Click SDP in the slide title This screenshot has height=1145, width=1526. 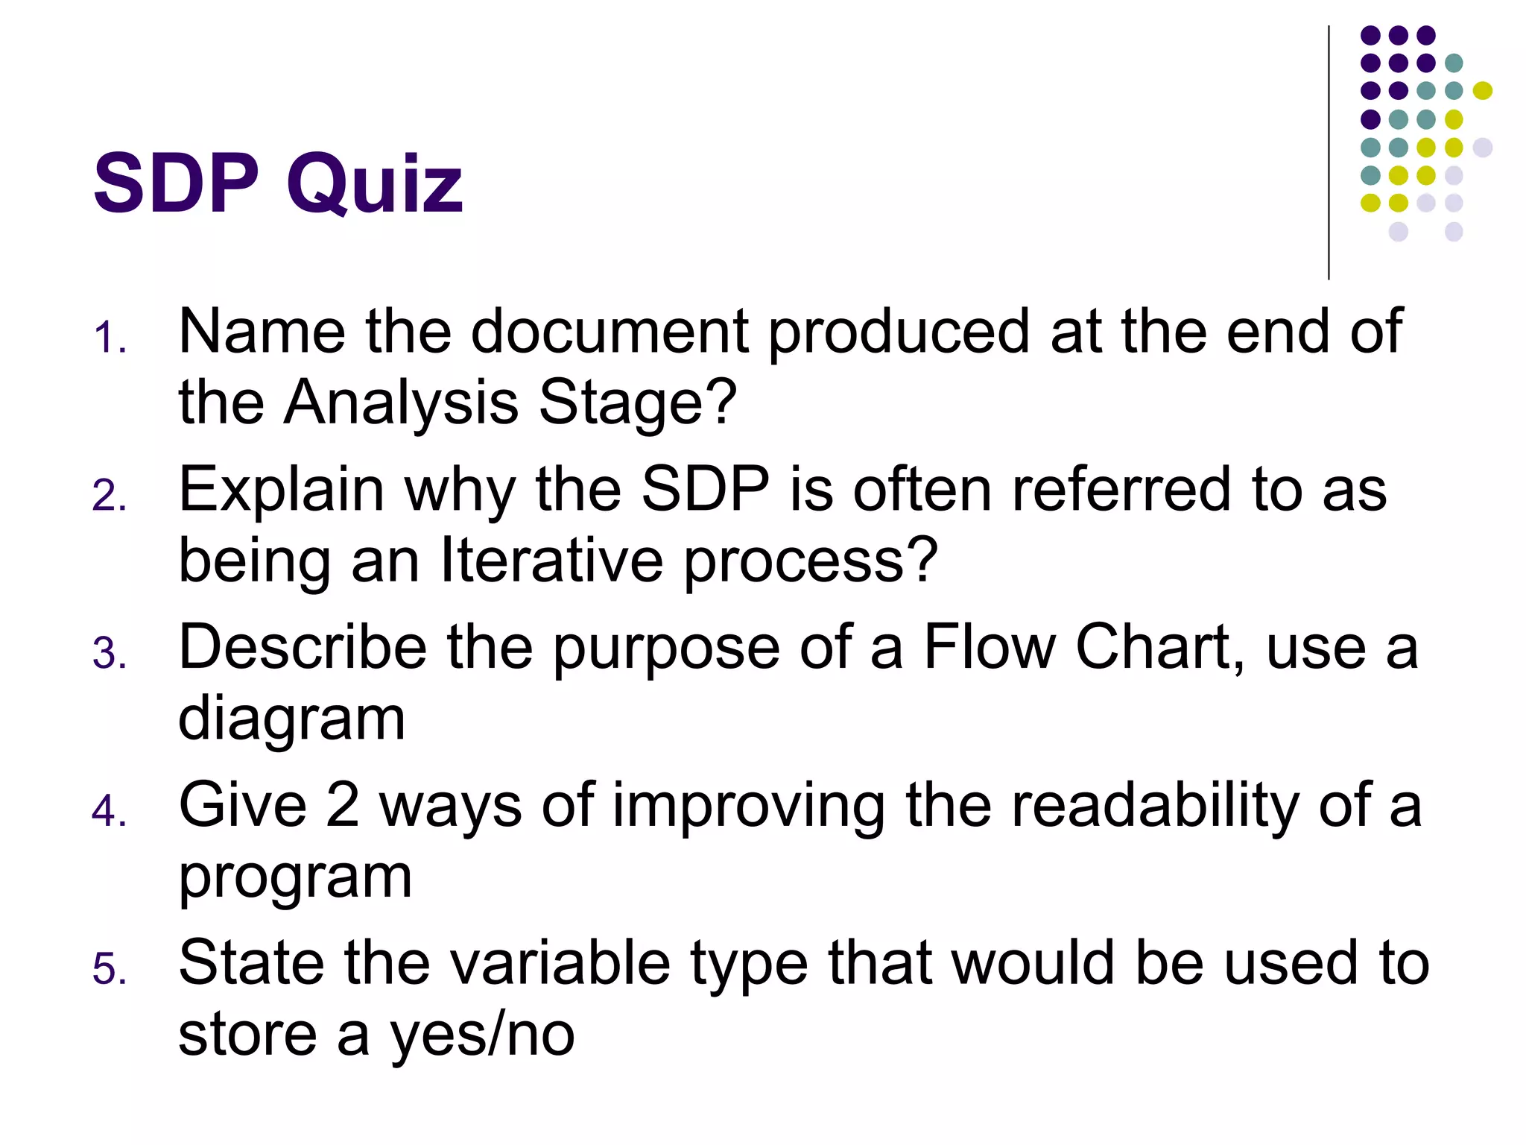tap(176, 183)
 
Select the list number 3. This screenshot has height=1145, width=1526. tap(109, 653)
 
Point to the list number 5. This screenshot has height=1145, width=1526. tap(109, 969)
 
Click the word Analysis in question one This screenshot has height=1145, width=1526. tap(401, 403)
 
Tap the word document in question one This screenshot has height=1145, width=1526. tap(610, 331)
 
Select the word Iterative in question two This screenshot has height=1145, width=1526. tap(551, 561)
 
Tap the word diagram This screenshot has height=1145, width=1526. tap(292, 720)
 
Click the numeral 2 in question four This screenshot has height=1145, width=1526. tap(343, 805)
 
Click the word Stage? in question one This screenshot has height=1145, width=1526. tap(637, 403)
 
